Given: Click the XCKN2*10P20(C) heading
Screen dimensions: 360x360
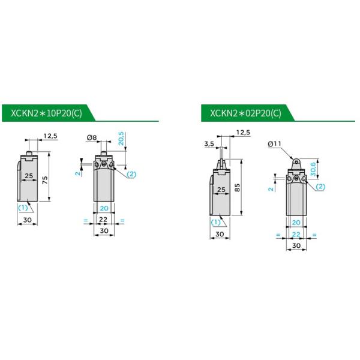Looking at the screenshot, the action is pos(46,113).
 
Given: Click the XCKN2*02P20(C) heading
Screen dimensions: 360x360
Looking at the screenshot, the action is pos(245,113).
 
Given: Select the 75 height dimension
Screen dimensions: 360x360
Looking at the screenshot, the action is pos(45,180).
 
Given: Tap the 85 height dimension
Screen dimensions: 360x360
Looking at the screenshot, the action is pos(238,187).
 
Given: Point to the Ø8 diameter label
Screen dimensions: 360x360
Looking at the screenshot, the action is pos(92,137).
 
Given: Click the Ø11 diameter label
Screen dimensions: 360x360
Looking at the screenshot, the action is pos(274,144).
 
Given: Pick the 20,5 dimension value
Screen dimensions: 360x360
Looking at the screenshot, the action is pos(121,139).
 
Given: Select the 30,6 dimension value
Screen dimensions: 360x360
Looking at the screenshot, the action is pos(313,169).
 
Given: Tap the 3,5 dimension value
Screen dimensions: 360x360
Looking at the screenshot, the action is pos(209,144).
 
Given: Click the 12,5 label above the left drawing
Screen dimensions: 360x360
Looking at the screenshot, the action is pos(50,136).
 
